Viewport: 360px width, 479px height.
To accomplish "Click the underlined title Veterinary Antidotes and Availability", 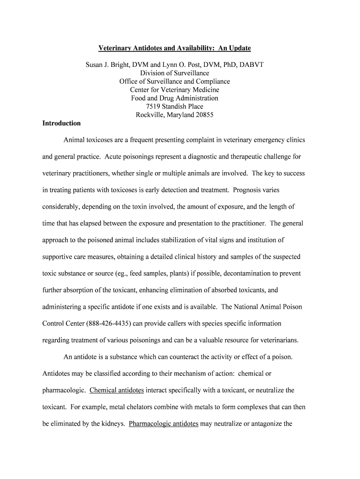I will point(174,48).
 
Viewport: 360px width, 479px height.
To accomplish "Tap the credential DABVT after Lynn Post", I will point(252,65).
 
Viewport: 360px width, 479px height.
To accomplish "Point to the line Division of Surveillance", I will point(174,73).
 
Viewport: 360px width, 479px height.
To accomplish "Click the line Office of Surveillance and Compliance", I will point(174,81).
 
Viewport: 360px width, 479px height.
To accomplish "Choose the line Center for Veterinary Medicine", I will point(174,90).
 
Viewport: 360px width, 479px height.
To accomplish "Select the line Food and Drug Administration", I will point(174,98).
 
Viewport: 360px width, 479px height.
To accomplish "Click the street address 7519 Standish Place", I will point(174,107).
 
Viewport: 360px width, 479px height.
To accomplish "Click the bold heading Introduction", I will point(61,123).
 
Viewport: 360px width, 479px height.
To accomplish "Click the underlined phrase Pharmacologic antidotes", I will point(164,424).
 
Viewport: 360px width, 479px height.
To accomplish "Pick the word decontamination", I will point(251,273).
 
